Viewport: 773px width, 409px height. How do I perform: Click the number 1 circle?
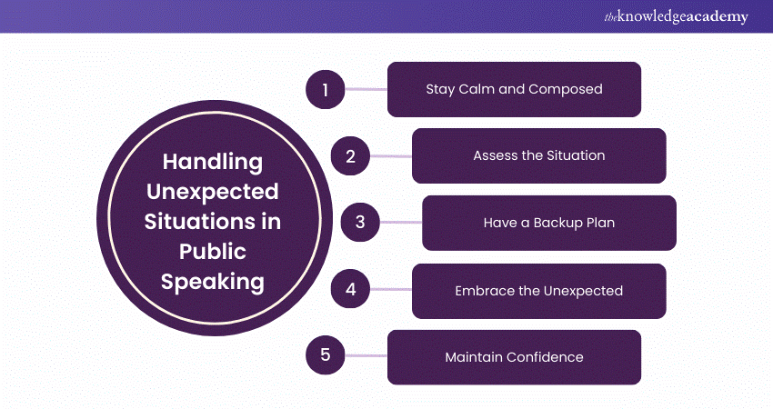tap(326, 90)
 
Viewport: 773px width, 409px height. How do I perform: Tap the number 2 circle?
tap(350, 156)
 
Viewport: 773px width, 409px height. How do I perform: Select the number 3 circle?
tap(360, 223)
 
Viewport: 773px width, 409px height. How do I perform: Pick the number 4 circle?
tap(350, 289)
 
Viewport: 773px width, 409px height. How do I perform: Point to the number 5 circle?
tap(326, 354)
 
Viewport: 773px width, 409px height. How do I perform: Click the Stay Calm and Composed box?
tap(514, 89)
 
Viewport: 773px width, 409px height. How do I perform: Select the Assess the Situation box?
tap(539, 155)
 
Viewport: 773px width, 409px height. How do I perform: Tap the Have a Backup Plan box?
tap(549, 223)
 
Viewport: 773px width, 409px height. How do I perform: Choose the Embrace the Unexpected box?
tap(539, 291)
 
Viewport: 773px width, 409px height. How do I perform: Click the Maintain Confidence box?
tap(514, 357)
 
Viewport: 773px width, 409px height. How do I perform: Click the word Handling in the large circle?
tap(213, 163)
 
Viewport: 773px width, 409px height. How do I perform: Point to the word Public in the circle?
tap(213, 252)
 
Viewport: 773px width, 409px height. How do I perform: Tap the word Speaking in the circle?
tap(213, 283)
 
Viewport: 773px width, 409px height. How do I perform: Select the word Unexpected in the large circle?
tap(213, 192)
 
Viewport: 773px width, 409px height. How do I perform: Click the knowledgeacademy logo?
tap(676, 16)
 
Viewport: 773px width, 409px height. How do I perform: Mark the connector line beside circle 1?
tap(366, 89)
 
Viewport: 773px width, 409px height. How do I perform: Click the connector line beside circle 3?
tap(401, 223)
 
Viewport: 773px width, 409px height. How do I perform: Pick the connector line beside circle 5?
tap(366, 355)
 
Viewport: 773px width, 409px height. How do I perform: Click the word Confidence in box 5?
tap(545, 357)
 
